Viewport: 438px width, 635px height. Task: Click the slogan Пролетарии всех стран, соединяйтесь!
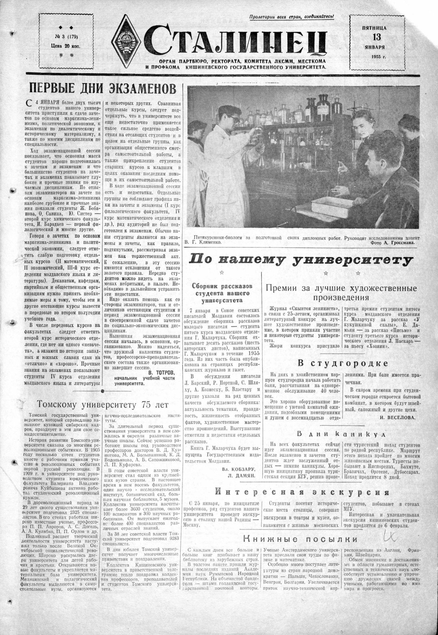tap(291, 17)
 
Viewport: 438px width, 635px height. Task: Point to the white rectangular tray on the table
tap(332, 206)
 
